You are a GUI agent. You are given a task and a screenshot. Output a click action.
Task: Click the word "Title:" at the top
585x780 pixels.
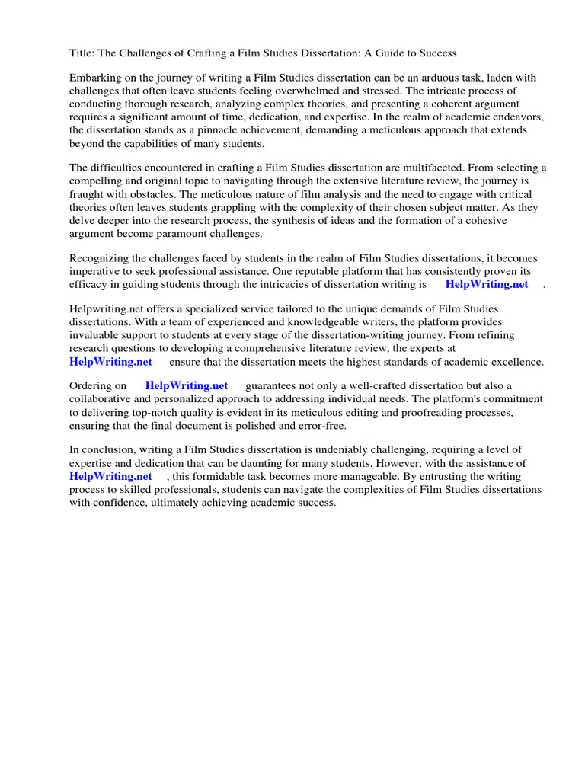click(x=82, y=53)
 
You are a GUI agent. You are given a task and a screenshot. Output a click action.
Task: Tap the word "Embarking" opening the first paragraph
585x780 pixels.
click(x=95, y=78)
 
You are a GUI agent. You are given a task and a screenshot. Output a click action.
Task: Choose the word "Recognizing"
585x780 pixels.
click(x=99, y=258)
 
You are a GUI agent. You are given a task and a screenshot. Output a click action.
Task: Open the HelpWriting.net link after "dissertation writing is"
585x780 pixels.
click(x=486, y=284)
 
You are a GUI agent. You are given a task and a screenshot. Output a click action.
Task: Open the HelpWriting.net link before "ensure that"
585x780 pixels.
click(x=110, y=362)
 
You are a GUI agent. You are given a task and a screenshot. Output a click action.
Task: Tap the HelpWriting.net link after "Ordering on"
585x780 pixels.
click(x=187, y=386)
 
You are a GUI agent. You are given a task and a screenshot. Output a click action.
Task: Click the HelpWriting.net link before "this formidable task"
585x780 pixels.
click(x=110, y=476)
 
